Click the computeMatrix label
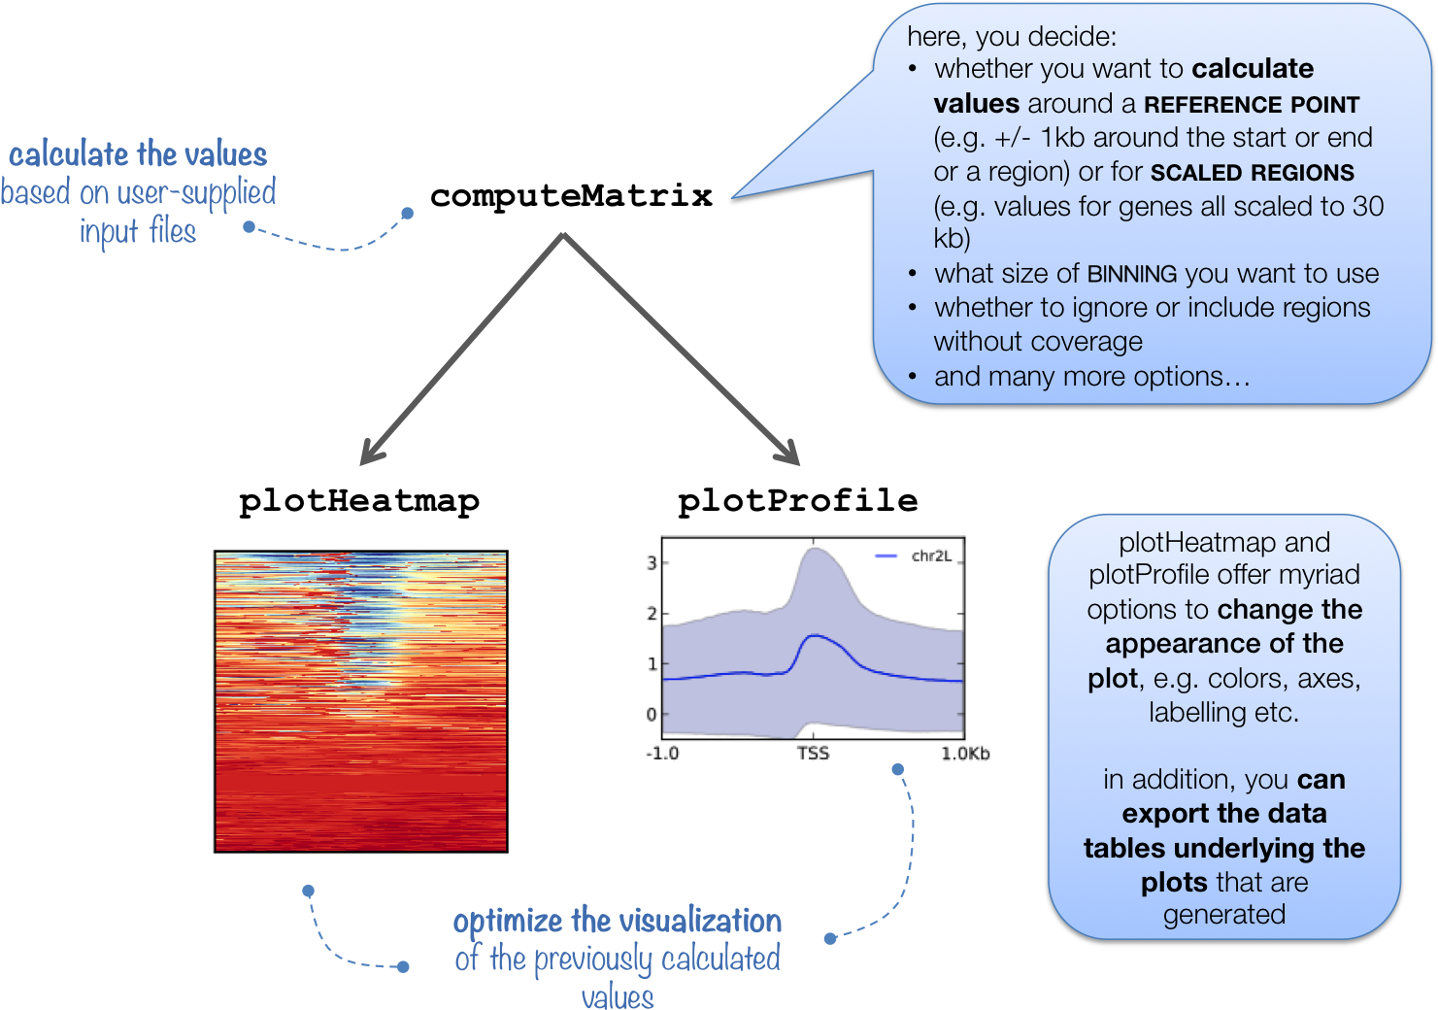(571, 196)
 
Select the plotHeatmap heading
(359, 501)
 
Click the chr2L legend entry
(913, 556)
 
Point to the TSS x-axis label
(813, 753)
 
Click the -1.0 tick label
(662, 753)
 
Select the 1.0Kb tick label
(965, 754)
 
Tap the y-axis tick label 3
(652, 563)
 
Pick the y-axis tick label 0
(652, 714)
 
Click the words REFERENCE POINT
(1252, 105)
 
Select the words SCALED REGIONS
(1252, 173)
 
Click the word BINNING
(1132, 274)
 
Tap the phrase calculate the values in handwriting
(137, 154)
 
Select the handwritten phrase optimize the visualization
(617, 921)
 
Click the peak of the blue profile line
(814, 635)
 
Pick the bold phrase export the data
(1223, 814)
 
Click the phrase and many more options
(1092, 377)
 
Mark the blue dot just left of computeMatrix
(407, 214)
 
